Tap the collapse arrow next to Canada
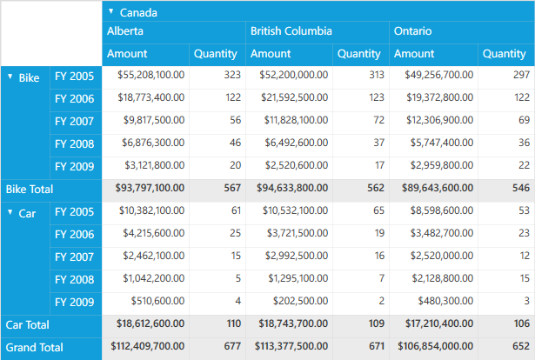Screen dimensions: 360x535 tap(110, 11)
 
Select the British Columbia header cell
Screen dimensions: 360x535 tap(291, 31)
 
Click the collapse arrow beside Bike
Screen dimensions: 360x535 tap(10, 77)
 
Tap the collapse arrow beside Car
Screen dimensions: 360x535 tap(10, 212)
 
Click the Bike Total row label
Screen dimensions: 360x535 tap(30, 189)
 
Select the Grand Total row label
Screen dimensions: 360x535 tap(35, 347)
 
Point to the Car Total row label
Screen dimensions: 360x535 tap(29, 324)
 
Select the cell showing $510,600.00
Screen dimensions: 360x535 tap(157, 302)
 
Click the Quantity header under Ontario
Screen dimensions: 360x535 tap(505, 54)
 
